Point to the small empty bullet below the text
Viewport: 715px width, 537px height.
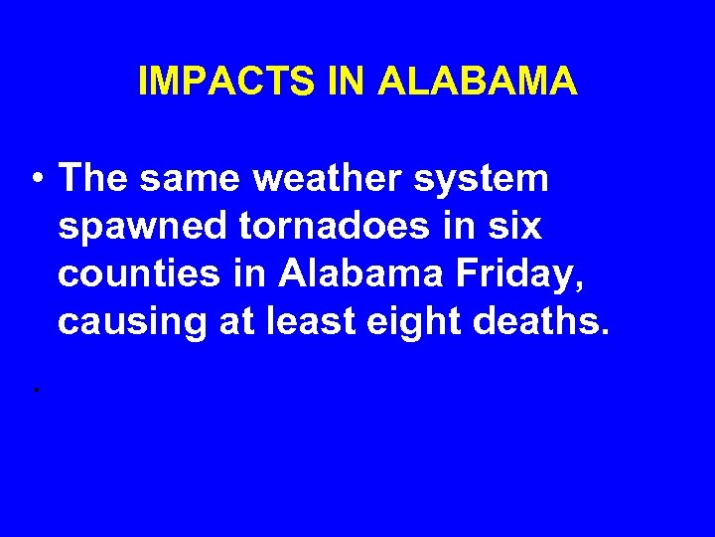click(35, 389)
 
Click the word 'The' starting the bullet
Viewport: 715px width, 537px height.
click(93, 179)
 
